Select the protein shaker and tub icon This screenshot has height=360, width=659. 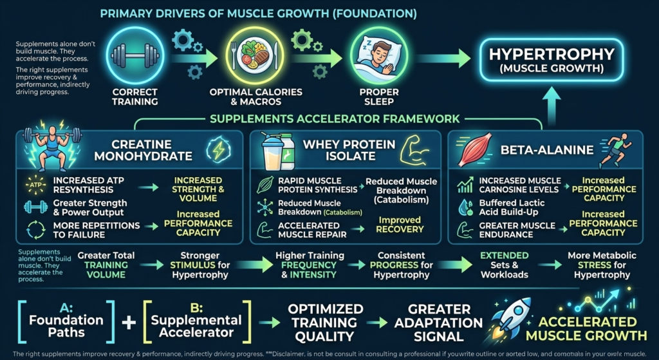click(279, 152)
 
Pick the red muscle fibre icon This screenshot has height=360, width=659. click(476, 152)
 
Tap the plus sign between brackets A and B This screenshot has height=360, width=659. click(129, 321)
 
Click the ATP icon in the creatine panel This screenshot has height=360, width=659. click(34, 185)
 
